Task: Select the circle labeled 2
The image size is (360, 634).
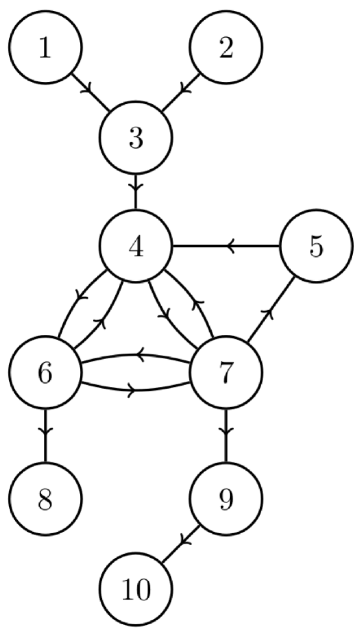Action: coord(225,49)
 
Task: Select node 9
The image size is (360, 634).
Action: coord(225,499)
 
